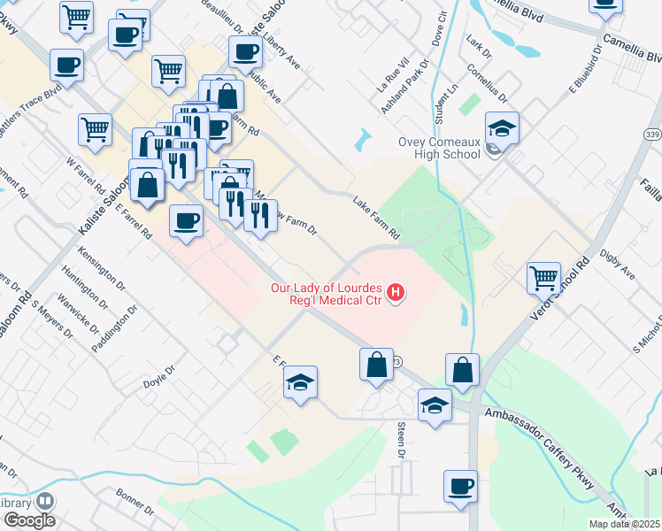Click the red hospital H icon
click(396, 292)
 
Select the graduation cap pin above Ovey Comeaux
click(502, 129)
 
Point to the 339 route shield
click(652, 134)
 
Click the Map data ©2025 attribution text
click(624, 522)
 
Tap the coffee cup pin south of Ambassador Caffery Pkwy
click(461, 487)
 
